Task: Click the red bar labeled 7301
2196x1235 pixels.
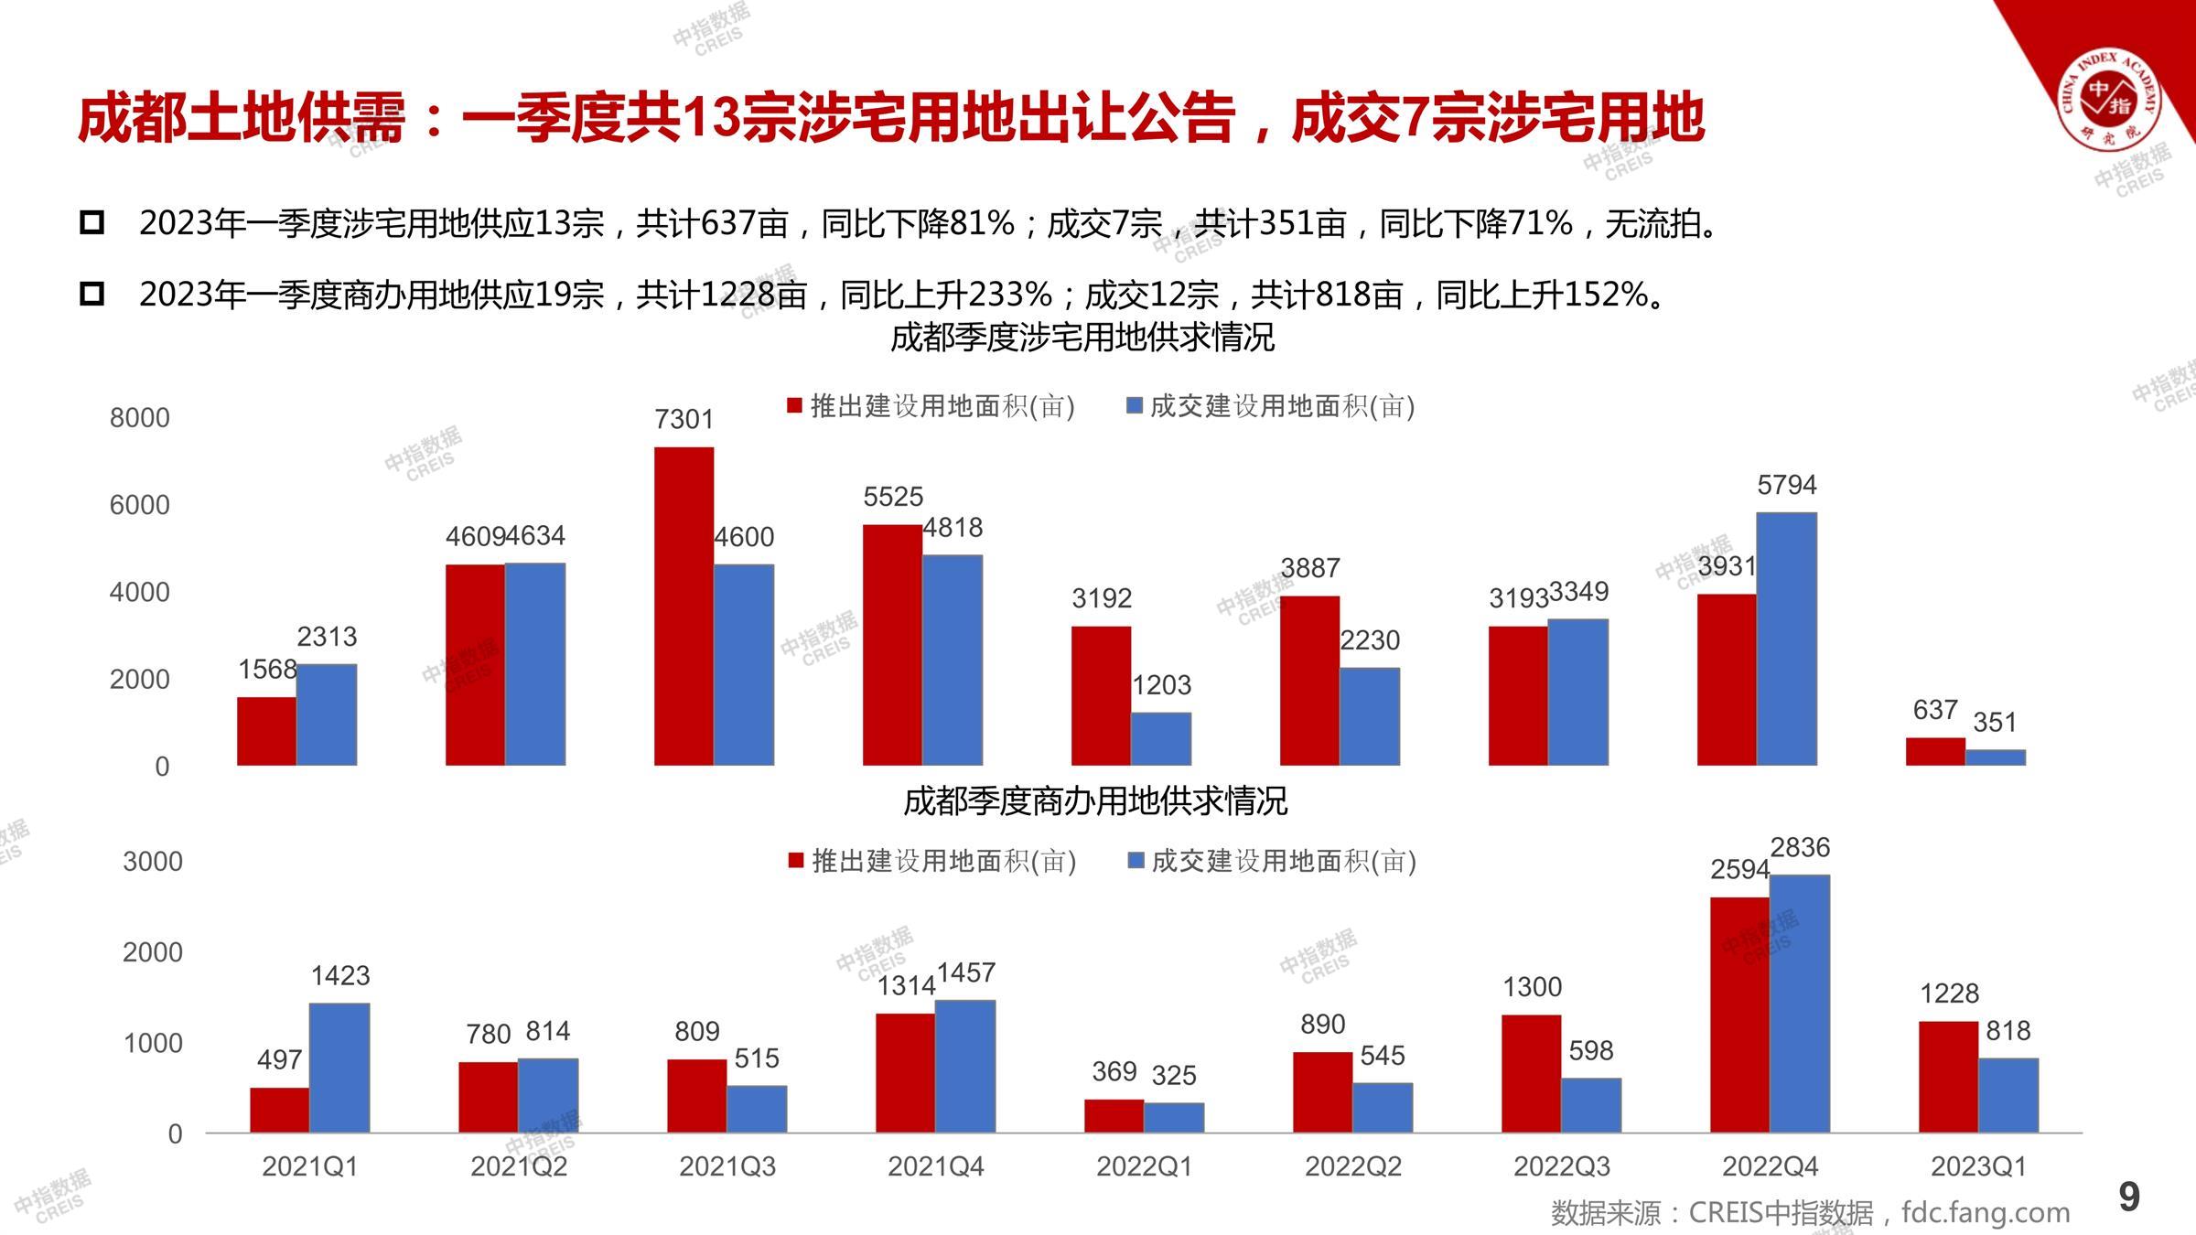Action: (x=684, y=606)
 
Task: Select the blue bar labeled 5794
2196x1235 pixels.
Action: (x=1786, y=639)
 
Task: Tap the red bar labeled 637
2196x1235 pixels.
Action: (x=1935, y=751)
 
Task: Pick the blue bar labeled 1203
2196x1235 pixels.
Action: (x=1161, y=738)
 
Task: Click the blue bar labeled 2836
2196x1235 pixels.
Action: (x=1799, y=1004)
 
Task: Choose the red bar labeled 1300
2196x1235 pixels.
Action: (x=1531, y=1073)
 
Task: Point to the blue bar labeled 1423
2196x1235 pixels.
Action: (x=339, y=1068)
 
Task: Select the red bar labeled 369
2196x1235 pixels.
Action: (x=1114, y=1116)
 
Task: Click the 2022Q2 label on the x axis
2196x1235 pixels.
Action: (x=1352, y=1166)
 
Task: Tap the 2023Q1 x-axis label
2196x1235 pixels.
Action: (x=1978, y=1166)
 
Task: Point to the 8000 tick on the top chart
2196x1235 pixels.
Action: (x=139, y=418)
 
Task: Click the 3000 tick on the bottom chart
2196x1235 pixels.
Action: (x=152, y=861)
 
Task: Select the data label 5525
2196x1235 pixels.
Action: (x=893, y=497)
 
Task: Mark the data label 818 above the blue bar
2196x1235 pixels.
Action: (x=2008, y=1031)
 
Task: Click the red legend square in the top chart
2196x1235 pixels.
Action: (x=794, y=405)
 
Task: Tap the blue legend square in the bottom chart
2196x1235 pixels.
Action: (x=1136, y=861)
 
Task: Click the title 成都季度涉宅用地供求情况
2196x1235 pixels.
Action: (x=1082, y=338)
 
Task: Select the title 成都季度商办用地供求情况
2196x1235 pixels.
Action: (x=1095, y=801)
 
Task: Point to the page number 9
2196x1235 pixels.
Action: (x=2129, y=1197)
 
